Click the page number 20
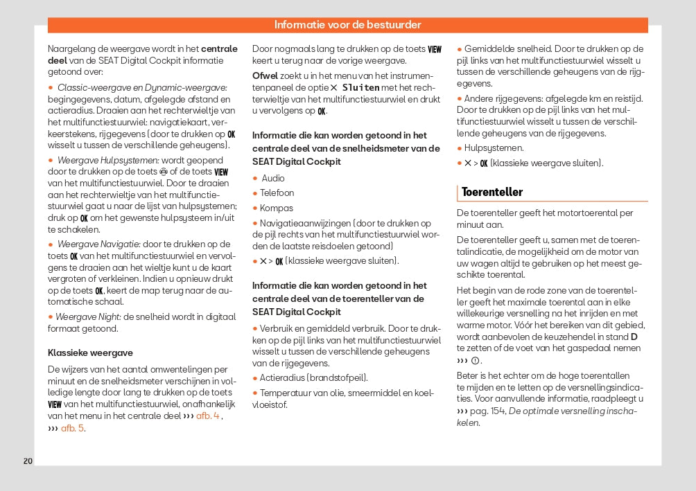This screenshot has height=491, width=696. [x=28, y=461]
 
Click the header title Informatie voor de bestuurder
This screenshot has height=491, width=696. [x=347, y=25]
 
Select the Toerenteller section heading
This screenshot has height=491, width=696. [x=492, y=192]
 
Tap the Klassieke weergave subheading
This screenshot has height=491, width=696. [x=90, y=352]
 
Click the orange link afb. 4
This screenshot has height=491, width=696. [x=208, y=416]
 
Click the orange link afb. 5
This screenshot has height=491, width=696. [x=73, y=428]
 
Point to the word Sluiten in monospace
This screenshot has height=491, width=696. [x=360, y=88]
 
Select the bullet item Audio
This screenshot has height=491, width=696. [x=272, y=178]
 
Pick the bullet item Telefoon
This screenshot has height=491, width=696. [x=277, y=193]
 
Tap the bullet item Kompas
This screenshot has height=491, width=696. [x=276, y=208]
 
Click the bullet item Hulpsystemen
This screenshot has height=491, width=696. [x=494, y=148]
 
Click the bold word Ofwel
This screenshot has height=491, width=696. [x=265, y=75]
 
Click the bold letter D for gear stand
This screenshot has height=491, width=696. [x=634, y=337]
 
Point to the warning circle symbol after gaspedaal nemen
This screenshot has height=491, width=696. [x=476, y=361]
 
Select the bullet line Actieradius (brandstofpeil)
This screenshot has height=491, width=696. [x=313, y=377]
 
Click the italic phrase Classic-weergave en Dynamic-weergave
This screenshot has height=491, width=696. [x=142, y=87]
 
